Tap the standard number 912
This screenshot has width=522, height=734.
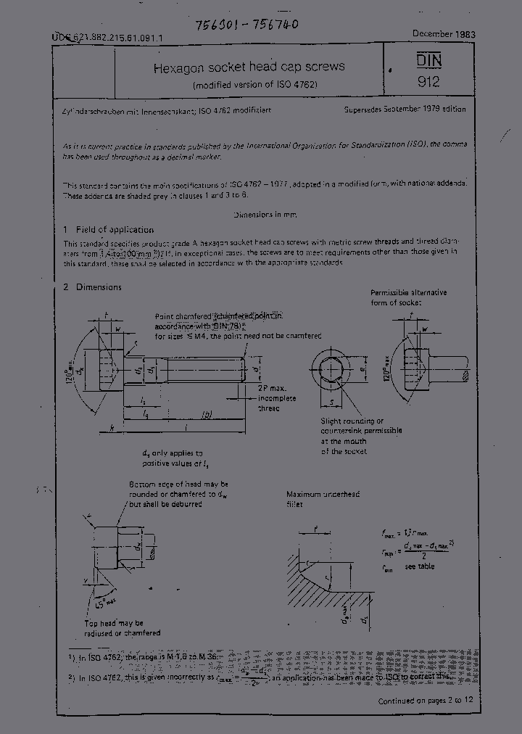point(428,82)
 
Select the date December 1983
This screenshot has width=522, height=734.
point(444,34)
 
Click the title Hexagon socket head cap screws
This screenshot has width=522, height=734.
point(248,67)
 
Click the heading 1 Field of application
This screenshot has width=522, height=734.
point(108,229)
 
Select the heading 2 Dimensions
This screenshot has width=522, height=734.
point(92,287)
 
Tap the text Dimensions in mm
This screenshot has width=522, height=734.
point(265,215)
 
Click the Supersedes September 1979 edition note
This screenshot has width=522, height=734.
point(405,109)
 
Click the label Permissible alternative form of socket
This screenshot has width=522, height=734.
point(408,297)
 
